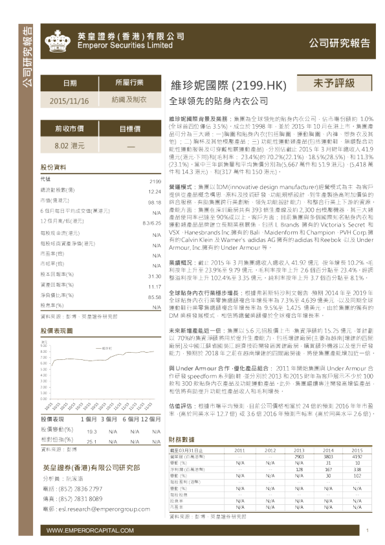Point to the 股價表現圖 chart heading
pyautogui.click(x=57, y=329)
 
